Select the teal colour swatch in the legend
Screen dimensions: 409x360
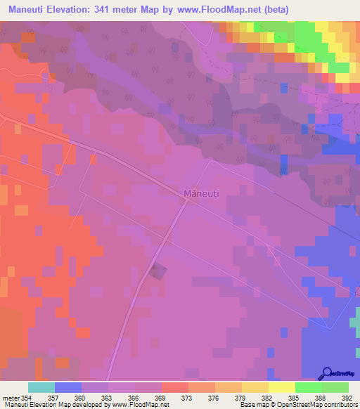coord(41,387)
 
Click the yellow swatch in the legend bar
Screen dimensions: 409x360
coord(282,387)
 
